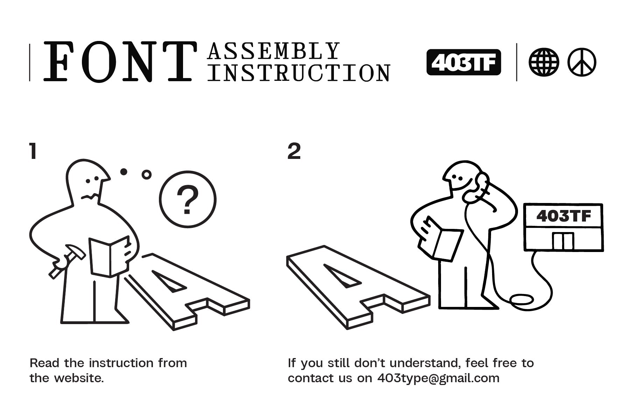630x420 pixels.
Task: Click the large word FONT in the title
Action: pyautogui.click(x=119, y=62)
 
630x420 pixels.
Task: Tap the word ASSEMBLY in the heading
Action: pyautogui.click(x=274, y=51)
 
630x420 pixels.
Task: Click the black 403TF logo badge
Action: pyautogui.click(x=464, y=62)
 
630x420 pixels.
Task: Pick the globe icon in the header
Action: pyautogui.click(x=544, y=62)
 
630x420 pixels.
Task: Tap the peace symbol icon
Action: pyautogui.click(x=582, y=62)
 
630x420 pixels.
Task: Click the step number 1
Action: pyautogui.click(x=33, y=152)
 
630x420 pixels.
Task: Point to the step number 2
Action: pyautogui.click(x=294, y=152)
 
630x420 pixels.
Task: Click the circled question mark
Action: pyautogui.click(x=188, y=199)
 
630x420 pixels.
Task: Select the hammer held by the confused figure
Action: pyautogui.click(x=67, y=261)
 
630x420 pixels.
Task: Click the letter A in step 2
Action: pyautogui.click(x=357, y=287)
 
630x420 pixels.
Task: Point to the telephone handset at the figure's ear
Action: pyautogui.click(x=478, y=189)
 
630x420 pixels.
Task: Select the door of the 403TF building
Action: pyautogui.click(x=563, y=241)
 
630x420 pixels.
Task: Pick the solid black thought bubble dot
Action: pyautogui.click(x=124, y=171)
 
